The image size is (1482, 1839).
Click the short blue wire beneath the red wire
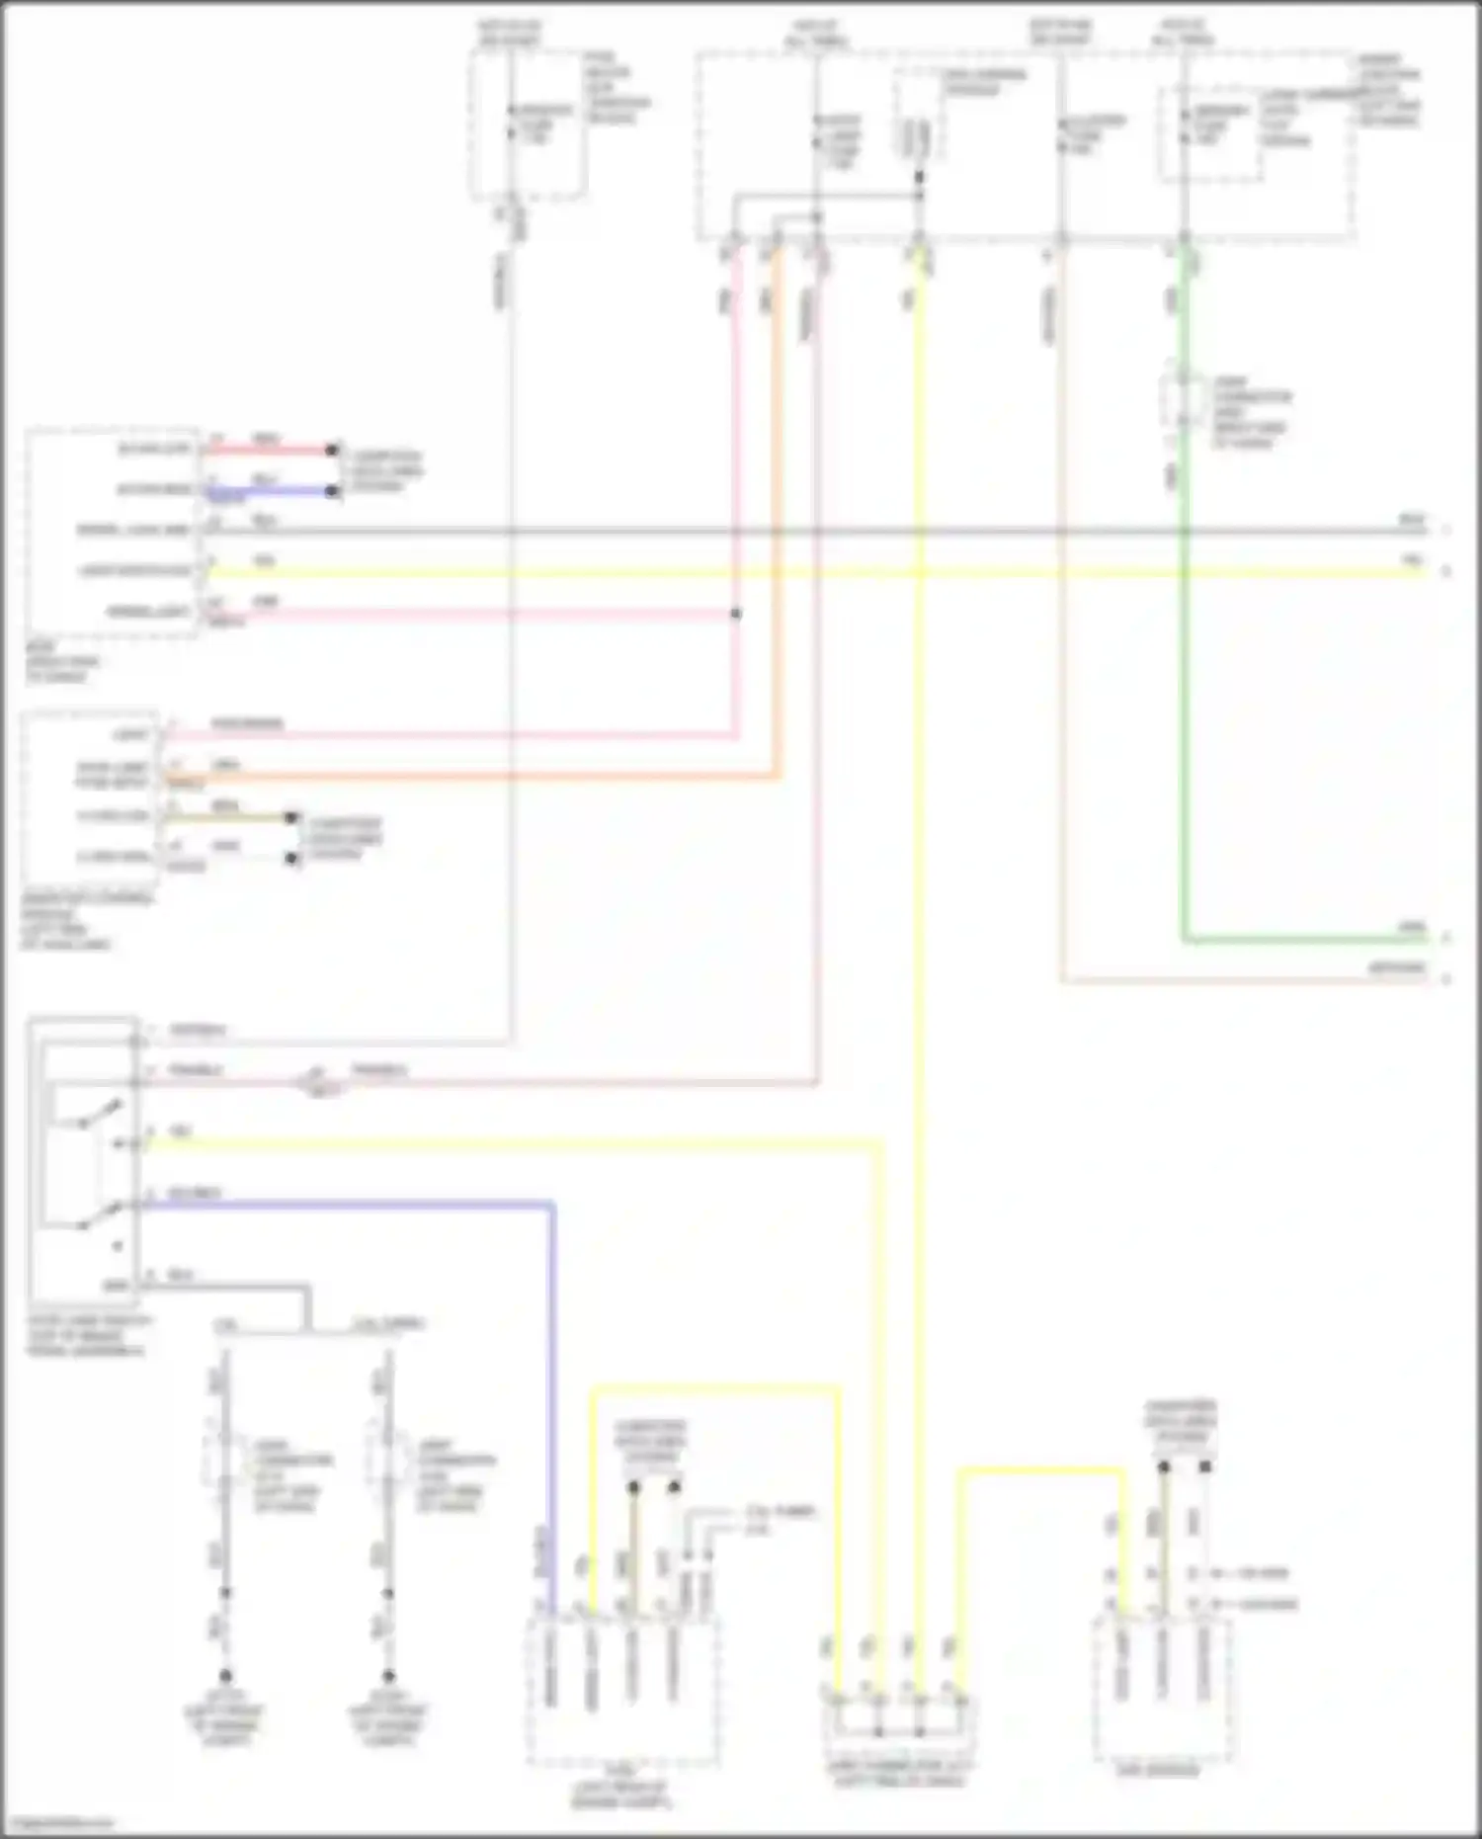coord(269,490)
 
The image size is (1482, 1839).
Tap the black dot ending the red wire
coord(333,450)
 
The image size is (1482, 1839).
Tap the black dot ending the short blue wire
coord(333,490)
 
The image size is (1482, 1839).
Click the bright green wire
coord(1185,692)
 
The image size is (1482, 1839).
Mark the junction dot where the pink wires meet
coord(736,614)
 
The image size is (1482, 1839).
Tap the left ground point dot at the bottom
coord(225,1676)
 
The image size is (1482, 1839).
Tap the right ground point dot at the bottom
coord(388,1676)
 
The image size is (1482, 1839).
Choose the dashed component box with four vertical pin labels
coord(621,1691)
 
